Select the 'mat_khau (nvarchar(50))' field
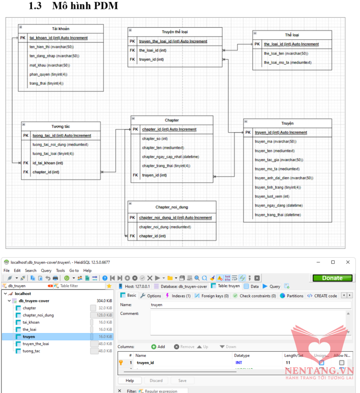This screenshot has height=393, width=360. [50, 65]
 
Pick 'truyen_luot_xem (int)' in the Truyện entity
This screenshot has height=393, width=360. [272, 196]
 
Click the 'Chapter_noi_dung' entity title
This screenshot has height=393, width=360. [172, 207]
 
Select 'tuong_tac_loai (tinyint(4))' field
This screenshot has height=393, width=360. [53, 154]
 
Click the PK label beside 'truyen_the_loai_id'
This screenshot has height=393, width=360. [133, 41]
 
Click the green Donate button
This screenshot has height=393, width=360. [332, 278]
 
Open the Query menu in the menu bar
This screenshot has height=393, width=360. [46, 270]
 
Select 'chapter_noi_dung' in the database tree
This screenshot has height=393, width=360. [38, 315]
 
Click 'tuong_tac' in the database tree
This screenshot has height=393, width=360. [31, 351]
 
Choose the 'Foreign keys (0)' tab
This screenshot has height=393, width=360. [211, 296]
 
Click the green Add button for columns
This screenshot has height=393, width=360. [158, 347]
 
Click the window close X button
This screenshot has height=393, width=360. [347, 262]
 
